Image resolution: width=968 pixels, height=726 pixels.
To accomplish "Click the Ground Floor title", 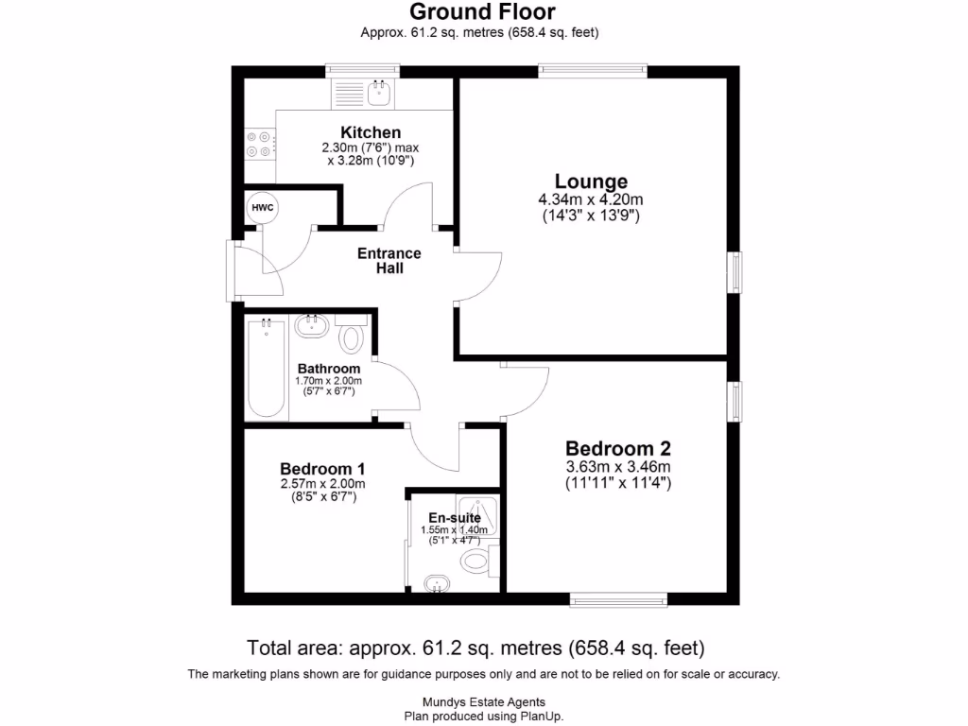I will click(482, 12).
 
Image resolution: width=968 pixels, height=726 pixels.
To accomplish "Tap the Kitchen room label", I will click(371, 132).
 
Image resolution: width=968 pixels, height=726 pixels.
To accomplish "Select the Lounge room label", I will click(591, 181).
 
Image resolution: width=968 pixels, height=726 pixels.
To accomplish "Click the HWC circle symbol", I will click(260, 207).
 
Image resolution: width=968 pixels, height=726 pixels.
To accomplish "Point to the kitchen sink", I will click(381, 92).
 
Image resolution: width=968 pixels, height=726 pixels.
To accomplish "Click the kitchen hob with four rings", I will click(259, 143).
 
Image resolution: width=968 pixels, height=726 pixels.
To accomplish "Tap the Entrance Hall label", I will click(389, 261).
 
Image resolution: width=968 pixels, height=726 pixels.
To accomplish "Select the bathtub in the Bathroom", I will click(266, 368).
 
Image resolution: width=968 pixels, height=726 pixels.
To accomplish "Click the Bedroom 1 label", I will click(322, 469).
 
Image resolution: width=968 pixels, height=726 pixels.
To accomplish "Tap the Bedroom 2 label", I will click(618, 448).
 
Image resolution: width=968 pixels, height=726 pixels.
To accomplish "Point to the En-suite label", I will click(455, 517).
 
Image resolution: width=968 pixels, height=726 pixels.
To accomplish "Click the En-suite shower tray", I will click(478, 516).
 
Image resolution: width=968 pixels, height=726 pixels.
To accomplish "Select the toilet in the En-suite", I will click(475, 562).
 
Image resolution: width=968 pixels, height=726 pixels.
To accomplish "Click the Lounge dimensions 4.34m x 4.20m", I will click(591, 199).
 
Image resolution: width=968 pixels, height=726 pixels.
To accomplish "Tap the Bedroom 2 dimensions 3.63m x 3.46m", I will click(618, 467).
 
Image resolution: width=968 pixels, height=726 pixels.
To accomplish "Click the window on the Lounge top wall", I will click(593, 71).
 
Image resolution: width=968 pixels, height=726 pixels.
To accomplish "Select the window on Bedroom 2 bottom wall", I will click(619, 598).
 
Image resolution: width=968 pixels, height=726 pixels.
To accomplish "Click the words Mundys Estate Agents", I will click(483, 702).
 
